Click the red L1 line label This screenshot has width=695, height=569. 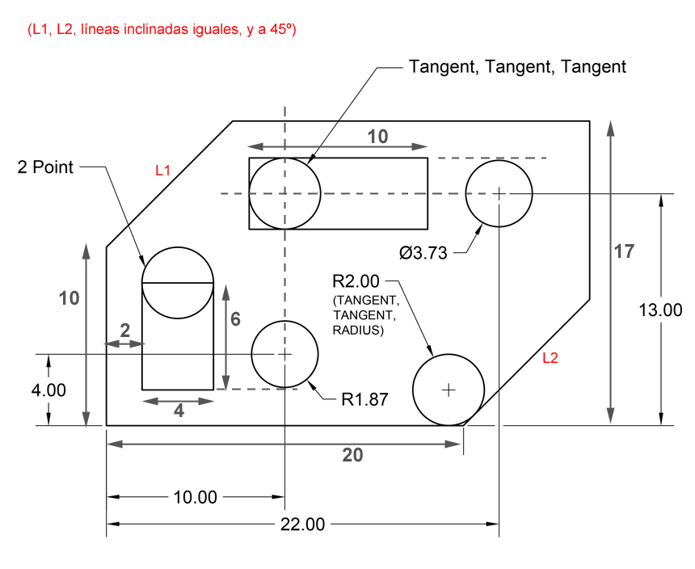point(163,171)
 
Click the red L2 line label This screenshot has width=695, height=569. point(550,358)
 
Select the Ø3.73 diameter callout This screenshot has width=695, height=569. point(423,252)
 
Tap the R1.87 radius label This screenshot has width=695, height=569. point(364,398)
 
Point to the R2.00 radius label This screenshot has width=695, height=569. point(355,281)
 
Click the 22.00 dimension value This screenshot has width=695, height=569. point(302,524)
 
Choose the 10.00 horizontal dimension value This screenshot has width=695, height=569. point(195,497)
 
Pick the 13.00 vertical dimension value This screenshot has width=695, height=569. point(661,310)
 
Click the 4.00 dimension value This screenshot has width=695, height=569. point(48,390)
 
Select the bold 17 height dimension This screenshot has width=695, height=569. point(624,251)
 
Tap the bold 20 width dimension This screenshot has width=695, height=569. point(352,455)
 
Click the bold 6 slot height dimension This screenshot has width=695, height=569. point(235,318)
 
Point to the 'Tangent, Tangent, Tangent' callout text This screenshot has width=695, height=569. point(517,66)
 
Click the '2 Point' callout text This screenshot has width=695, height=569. point(46,167)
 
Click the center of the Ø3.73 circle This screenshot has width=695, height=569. point(499,193)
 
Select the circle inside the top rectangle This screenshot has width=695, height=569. point(285,193)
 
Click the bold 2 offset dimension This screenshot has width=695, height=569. point(124,329)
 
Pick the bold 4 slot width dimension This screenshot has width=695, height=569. point(179,411)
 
